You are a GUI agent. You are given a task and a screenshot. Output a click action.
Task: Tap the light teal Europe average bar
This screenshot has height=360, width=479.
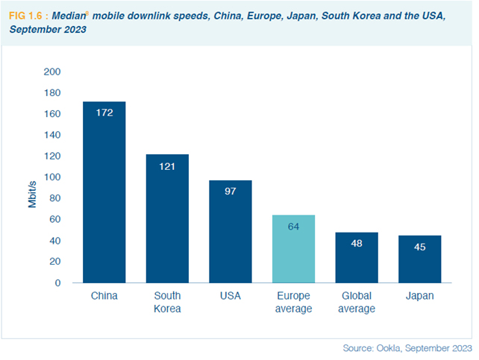[293, 249]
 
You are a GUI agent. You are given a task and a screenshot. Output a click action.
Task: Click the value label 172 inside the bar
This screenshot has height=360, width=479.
[104, 113]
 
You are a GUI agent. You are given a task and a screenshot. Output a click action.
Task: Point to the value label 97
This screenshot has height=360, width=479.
[230, 192]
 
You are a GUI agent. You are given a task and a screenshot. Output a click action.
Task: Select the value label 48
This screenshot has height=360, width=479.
[356, 243]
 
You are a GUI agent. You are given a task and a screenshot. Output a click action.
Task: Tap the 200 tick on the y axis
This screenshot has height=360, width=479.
[52, 72]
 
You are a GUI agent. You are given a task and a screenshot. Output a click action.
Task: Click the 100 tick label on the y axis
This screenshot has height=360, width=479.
[52, 177]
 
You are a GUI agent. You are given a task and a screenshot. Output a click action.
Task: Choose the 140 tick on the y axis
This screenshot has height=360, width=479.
[52, 136]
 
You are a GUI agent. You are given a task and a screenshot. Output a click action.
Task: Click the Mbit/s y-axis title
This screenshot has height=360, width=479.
[33, 192]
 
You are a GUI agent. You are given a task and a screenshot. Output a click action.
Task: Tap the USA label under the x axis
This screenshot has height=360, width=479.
[230, 297]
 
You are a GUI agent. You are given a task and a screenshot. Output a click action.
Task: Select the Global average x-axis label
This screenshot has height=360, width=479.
[356, 303]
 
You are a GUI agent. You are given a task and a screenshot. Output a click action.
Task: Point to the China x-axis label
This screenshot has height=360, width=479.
[104, 297]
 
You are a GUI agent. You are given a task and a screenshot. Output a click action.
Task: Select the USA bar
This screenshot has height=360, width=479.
[230, 232]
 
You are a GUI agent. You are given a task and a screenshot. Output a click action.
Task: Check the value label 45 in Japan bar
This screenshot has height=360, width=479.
[419, 247]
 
